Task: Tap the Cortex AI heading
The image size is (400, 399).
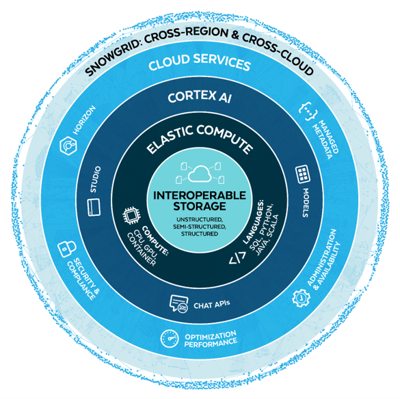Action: (200, 97)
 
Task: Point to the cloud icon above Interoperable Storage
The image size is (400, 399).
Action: (200, 170)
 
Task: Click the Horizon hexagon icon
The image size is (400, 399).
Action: (68, 144)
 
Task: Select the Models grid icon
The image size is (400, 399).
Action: (302, 174)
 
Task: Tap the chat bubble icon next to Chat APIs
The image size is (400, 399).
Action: (179, 303)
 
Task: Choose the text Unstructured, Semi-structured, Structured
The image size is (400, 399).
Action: (200, 226)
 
